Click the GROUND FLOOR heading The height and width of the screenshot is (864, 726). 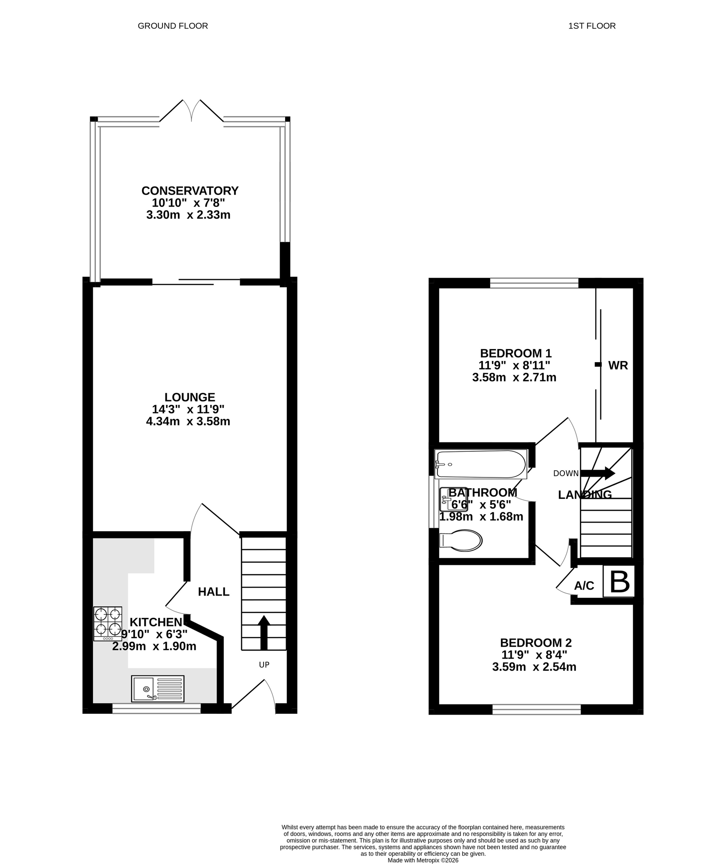pyautogui.click(x=173, y=26)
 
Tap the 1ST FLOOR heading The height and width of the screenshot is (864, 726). pyautogui.click(x=592, y=26)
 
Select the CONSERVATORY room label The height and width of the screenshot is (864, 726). pyautogui.click(x=190, y=191)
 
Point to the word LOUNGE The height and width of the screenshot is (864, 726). pyautogui.click(x=190, y=397)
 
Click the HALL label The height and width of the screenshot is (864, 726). pyautogui.click(x=214, y=591)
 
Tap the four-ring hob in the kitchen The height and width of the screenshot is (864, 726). pyautogui.click(x=108, y=624)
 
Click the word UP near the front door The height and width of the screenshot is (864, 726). pyautogui.click(x=264, y=665)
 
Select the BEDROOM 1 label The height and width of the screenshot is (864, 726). pyautogui.click(x=516, y=353)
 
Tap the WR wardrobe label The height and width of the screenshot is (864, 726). pyautogui.click(x=618, y=366)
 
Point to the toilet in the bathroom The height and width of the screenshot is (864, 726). pyautogui.click(x=461, y=541)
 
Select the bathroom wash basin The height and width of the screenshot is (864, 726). pyautogui.click(x=453, y=500)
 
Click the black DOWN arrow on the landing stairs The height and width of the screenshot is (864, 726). pyautogui.click(x=598, y=473)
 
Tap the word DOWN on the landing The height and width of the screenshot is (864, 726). pyautogui.click(x=566, y=473)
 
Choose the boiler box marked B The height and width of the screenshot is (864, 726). pyautogui.click(x=619, y=581)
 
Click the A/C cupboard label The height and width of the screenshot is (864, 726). pyautogui.click(x=584, y=586)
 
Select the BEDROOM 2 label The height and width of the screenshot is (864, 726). pyautogui.click(x=536, y=643)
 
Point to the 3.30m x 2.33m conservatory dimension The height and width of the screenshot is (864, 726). pyautogui.click(x=188, y=215)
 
